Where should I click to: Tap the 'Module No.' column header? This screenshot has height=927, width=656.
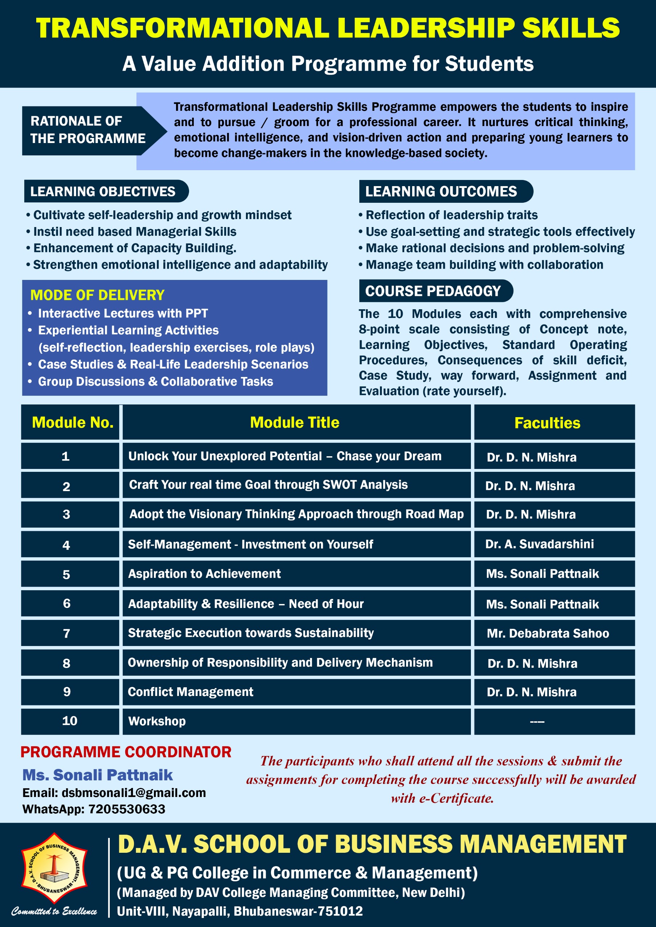click(x=72, y=422)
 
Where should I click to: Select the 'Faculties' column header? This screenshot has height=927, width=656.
click(x=547, y=423)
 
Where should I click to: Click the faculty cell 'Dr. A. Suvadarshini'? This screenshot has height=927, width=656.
click(x=539, y=544)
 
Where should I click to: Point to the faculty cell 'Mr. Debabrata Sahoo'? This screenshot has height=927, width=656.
click(x=547, y=633)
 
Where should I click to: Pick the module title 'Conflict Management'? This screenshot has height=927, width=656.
click(x=190, y=692)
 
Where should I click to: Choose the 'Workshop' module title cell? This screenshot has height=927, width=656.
click(x=157, y=721)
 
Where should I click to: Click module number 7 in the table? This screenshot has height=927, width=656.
click(x=67, y=633)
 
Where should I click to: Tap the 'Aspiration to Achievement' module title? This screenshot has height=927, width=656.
click(x=204, y=573)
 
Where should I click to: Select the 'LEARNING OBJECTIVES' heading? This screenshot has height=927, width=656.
click(x=103, y=192)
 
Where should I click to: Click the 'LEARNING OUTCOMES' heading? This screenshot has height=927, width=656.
click(x=441, y=192)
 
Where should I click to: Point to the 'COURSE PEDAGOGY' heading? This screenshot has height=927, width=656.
click(x=433, y=291)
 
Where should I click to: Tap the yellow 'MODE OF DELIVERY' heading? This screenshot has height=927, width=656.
click(x=97, y=295)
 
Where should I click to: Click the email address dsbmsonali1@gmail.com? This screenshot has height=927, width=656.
click(x=133, y=793)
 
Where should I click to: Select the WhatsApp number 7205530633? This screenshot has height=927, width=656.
click(x=126, y=809)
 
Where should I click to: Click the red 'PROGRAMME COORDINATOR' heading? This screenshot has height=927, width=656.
click(x=126, y=752)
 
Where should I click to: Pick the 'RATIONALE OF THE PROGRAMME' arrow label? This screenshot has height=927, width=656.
click(x=88, y=130)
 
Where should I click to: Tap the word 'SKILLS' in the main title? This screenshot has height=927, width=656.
click(x=571, y=28)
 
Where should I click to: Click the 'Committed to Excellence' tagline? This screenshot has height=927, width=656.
click(x=54, y=911)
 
